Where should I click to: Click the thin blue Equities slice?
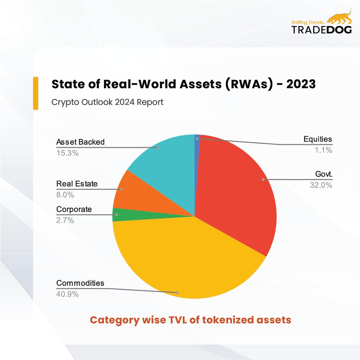[197, 147]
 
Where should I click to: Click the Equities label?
[318, 139]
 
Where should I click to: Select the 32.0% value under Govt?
[321, 185]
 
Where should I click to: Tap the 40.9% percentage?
[67, 294]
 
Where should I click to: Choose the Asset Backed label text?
[80, 142]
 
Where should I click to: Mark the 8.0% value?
[65, 195]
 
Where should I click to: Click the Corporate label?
[74, 209]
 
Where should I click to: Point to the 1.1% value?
[324, 150]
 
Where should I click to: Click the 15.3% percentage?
[67, 153]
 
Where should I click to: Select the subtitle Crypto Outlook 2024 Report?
[107, 102]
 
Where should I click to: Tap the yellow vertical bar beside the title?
[35, 93]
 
